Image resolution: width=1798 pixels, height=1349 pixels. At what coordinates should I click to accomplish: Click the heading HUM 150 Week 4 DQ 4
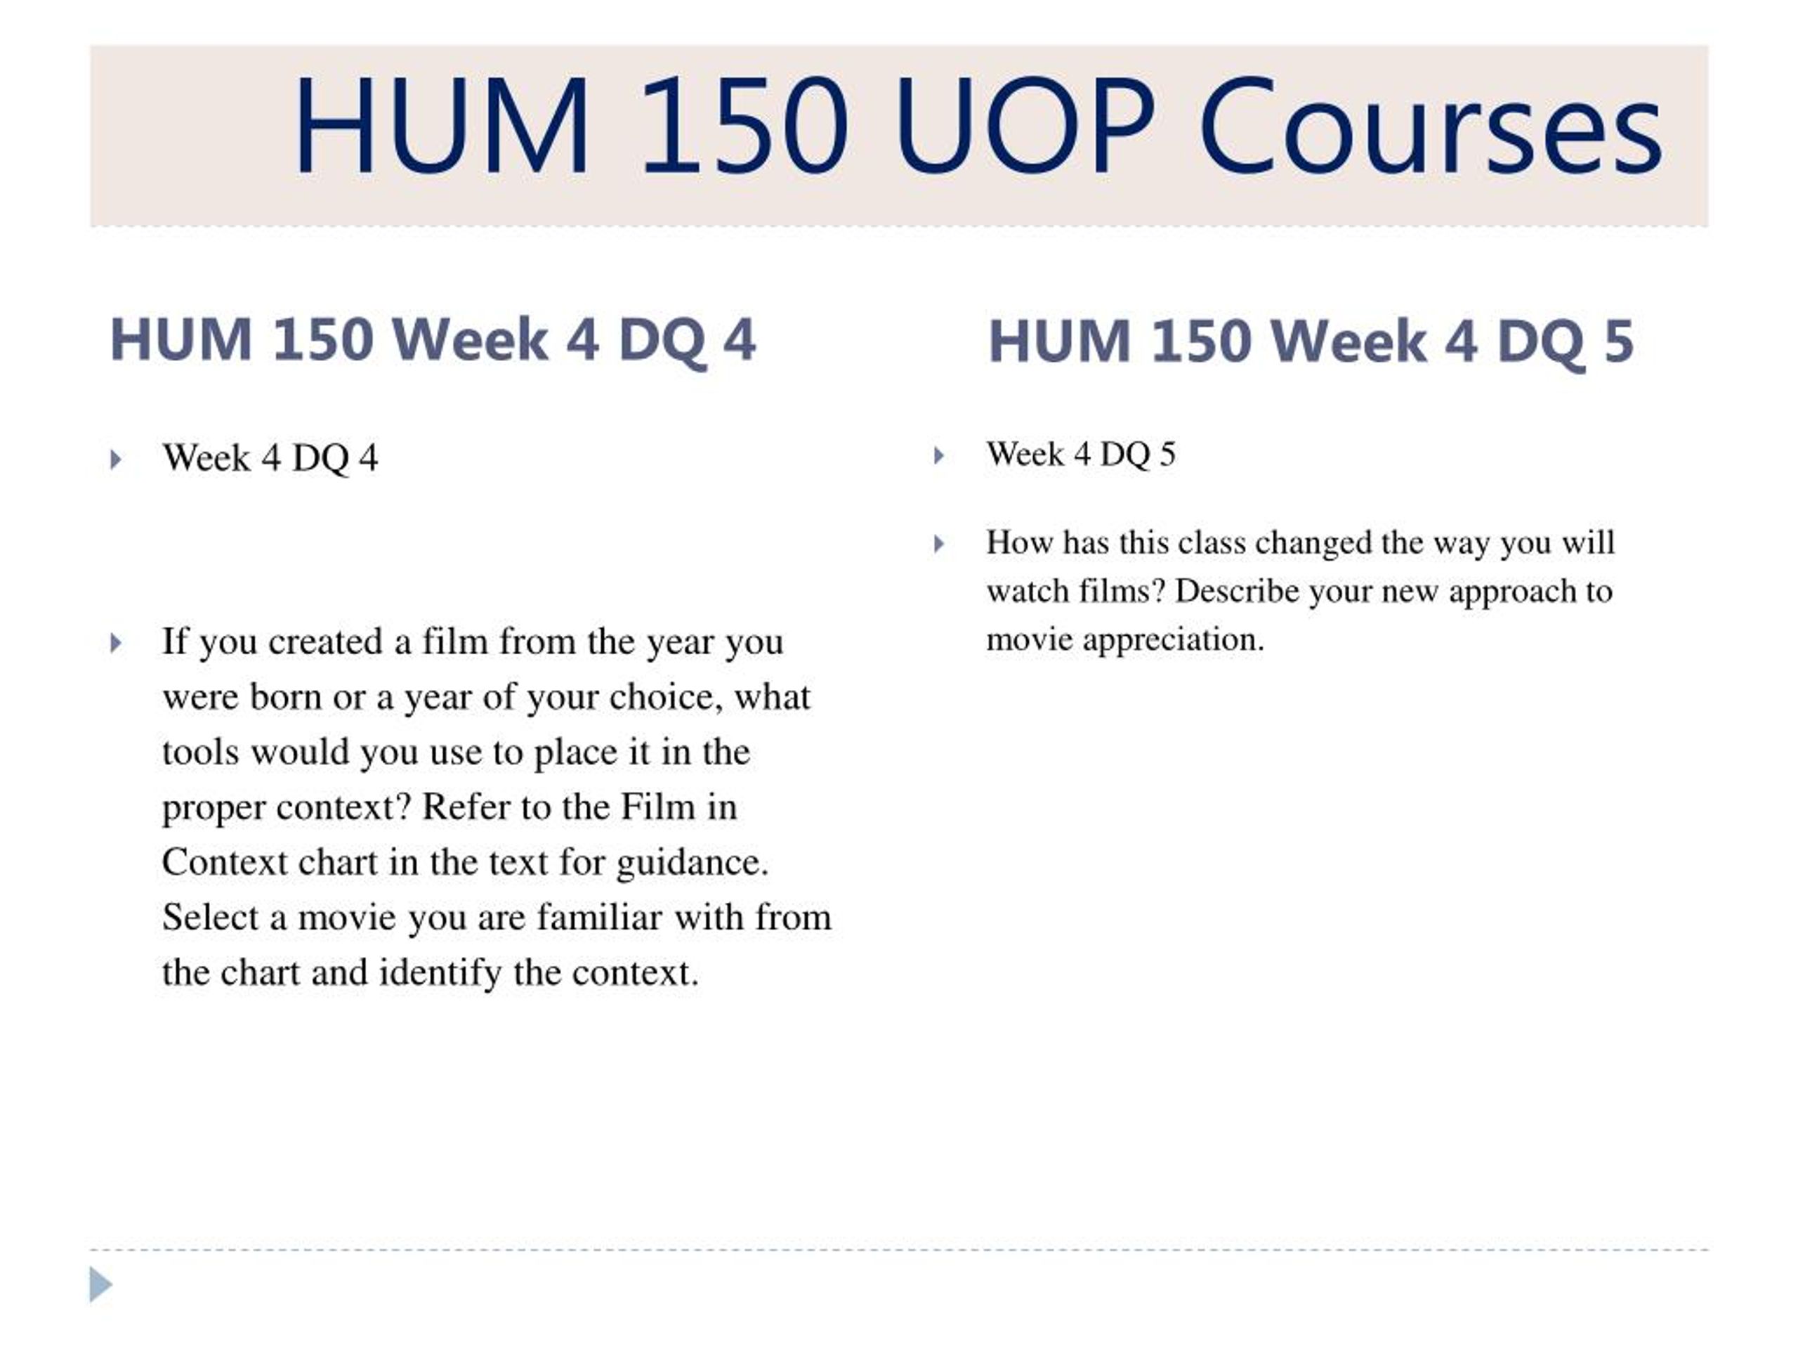click(433, 341)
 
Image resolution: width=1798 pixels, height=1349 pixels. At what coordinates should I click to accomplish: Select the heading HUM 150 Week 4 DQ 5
click(1311, 342)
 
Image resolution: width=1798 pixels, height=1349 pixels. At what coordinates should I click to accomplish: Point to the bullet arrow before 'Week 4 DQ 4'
click(115, 460)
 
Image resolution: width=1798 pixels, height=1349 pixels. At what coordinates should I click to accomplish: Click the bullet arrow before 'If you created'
click(115, 643)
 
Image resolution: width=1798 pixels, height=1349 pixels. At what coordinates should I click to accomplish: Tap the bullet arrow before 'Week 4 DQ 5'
click(939, 455)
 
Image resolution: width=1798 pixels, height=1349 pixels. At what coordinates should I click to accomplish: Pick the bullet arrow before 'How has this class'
click(939, 544)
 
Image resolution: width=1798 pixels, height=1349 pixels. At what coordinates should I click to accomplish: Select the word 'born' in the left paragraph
click(286, 697)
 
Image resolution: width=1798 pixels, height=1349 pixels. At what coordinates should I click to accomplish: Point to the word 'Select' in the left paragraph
click(210, 918)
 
